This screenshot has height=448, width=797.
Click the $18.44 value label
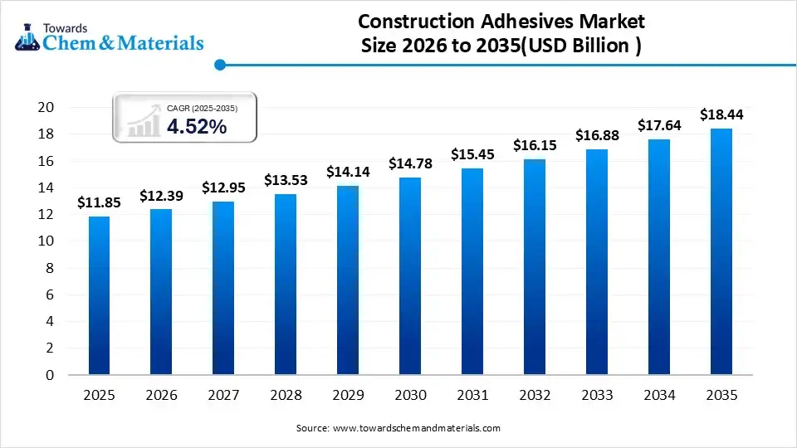tap(721, 114)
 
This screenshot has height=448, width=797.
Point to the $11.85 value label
tap(99, 202)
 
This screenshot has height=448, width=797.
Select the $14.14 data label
tap(348, 172)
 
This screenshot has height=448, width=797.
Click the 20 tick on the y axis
tap(46, 107)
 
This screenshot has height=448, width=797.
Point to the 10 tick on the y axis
tap(46, 241)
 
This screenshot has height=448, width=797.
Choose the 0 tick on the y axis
tap(50, 375)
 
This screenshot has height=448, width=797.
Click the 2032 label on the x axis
tap(535, 396)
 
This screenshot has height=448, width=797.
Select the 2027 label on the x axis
tap(223, 396)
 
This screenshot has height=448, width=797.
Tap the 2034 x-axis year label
tap(659, 396)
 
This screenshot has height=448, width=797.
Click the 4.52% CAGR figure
tap(197, 126)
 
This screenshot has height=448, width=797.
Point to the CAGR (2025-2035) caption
tap(202, 108)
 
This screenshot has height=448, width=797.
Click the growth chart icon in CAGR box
tap(144, 121)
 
